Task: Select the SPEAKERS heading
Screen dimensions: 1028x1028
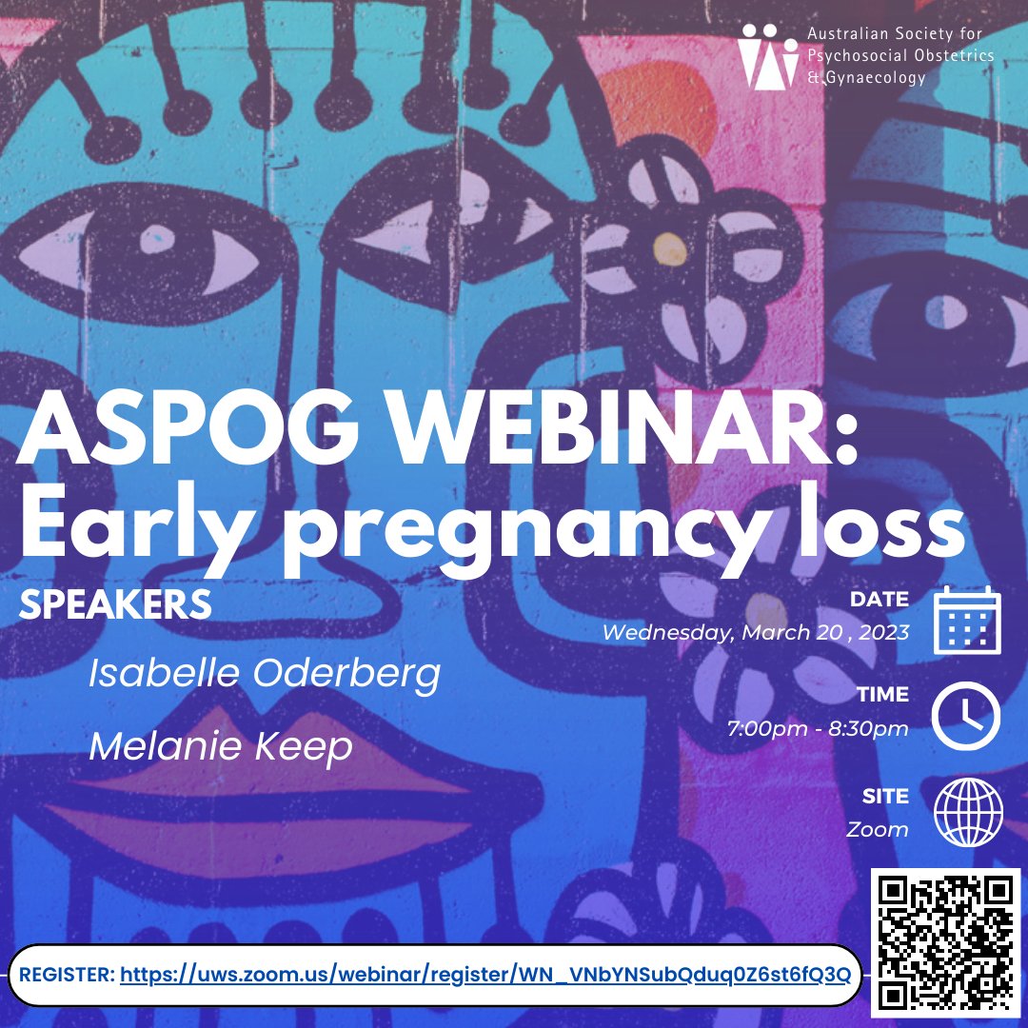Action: coord(114,604)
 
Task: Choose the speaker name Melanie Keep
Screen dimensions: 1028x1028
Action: coord(221,746)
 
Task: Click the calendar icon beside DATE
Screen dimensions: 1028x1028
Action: coord(966,620)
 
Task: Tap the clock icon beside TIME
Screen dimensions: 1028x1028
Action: coord(966,716)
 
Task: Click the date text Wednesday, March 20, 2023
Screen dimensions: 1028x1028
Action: coord(756,632)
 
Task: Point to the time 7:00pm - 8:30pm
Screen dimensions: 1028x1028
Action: coord(818,729)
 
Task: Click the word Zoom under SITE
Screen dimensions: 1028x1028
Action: coord(878,829)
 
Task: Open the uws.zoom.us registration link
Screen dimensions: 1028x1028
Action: coord(484,975)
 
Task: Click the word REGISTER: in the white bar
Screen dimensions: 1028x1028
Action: coord(67,975)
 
